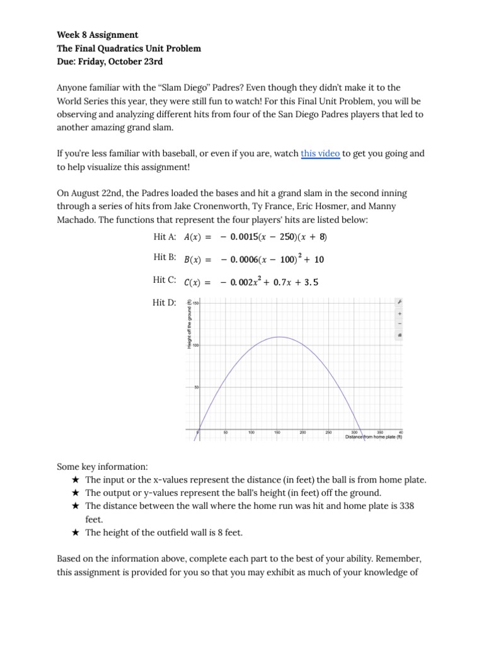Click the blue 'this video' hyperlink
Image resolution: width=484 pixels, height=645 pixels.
[320, 153]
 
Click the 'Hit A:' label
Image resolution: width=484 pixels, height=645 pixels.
[164, 237]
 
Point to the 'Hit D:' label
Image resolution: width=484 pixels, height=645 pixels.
[164, 303]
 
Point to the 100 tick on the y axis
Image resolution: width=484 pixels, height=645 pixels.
[195, 345]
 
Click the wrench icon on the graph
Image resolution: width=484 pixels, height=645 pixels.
[399, 302]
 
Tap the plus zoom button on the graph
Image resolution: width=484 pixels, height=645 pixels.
[399, 313]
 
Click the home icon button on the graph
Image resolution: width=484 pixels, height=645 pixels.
[399, 335]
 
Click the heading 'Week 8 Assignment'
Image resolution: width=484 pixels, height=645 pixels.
[98, 35]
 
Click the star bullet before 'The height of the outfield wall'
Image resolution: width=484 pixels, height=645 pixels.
[75, 532]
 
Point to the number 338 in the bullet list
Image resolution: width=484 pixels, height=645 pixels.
[406, 506]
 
